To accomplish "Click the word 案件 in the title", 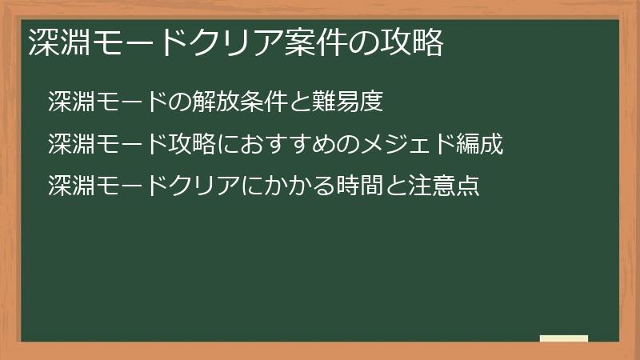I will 314,43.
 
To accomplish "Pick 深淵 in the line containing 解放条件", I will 68,102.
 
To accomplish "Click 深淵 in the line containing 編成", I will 68,145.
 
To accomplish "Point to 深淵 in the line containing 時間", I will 68,187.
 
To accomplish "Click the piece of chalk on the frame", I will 563,338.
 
